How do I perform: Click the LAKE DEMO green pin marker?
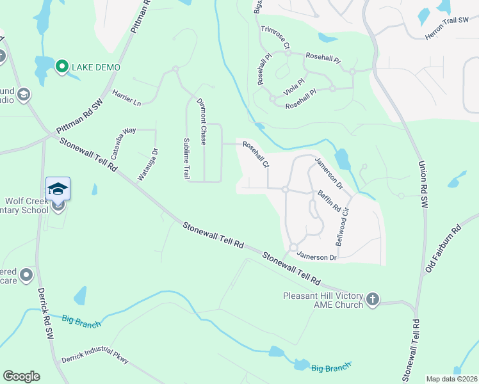pyautogui.click(x=62, y=67)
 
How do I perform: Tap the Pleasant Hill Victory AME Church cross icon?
pyautogui.click(x=373, y=299)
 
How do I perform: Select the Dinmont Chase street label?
pyautogui.click(x=200, y=121)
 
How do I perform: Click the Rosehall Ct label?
pyautogui.click(x=255, y=156)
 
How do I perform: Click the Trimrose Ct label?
pyautogui.click(x=275, y=38)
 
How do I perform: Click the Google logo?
pyautogui.click(x=21, y=376)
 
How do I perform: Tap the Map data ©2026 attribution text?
pyautogui.click(x=451, y=379)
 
